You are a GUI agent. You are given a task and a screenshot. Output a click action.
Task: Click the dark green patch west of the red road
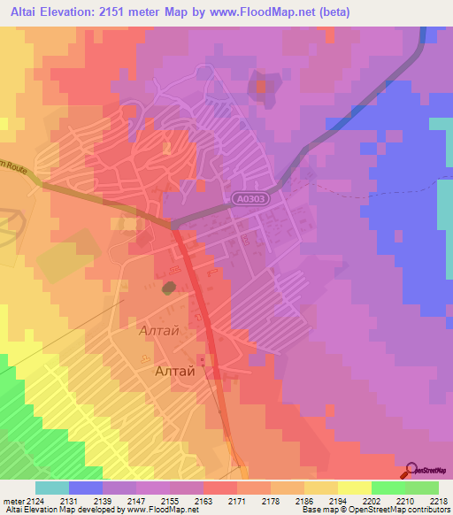pyautogui.click(x=168, y=288)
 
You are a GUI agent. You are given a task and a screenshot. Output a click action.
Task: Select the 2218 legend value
pyautogui.click(x=439, y=500)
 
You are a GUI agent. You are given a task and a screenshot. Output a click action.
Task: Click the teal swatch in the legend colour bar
pyautogui.click(x=51, y=488)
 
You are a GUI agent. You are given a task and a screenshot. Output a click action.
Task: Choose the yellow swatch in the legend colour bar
pyautogui.click(x=353, y=488)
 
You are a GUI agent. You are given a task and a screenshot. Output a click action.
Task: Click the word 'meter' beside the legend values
pyautogui.click(x=13, y=500)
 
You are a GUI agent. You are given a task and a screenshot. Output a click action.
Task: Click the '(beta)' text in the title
pyautogui.click(x=335, y=12)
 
